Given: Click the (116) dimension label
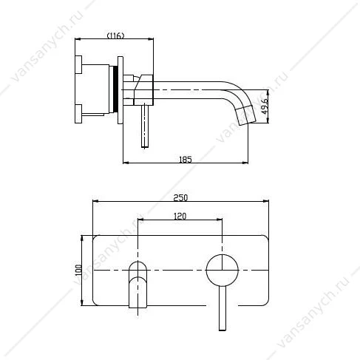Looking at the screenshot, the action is tap(115, 35).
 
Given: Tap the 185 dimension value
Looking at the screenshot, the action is tap(186, 160).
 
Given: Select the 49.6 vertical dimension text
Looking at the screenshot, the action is tap(265, 106).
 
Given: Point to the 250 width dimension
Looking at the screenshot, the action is tap(180, 197).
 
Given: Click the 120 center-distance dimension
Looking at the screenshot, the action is tap(180, 216).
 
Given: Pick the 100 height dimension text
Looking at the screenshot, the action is tap(78, 270).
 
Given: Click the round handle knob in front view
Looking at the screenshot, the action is tap(223, 271).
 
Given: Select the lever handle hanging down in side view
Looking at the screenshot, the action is tap(145, 126).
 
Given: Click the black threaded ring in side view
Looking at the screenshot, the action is tap(115, 89).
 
